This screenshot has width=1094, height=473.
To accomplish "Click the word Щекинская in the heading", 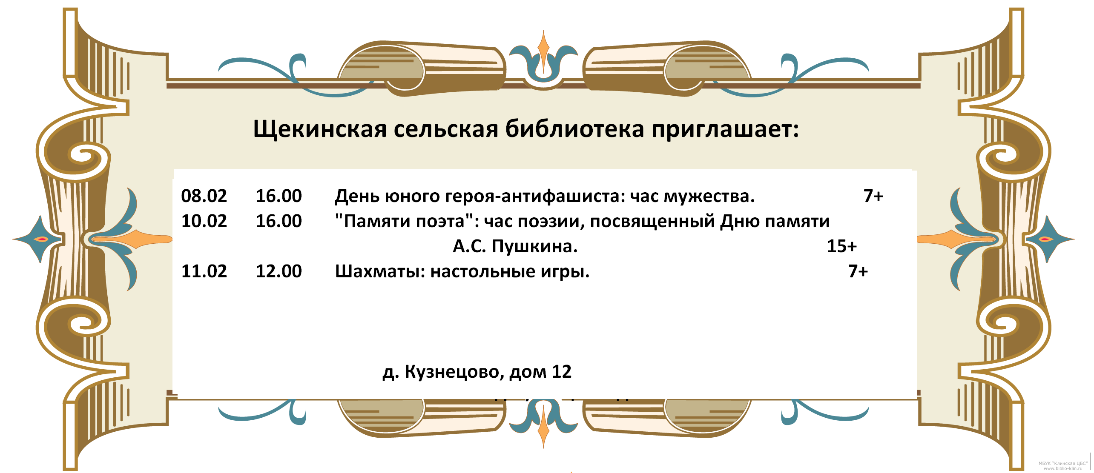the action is pyautogui.click(x=320, y=129).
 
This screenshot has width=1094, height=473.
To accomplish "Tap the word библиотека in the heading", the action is pyautogui.click(x=574, y=128).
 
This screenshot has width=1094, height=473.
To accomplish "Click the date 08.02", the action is pyautogui.click(x=204, y=196).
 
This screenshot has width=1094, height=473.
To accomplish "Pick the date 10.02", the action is pyautogui.click(x=204, y=221).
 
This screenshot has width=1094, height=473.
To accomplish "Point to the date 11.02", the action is pyautogui.click(x=204, y=271).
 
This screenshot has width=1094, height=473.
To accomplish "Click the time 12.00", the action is pyautogui.click(x=279, y=271).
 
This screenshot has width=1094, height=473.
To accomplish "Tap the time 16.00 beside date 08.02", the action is pyautogui.click(x=279, y=196).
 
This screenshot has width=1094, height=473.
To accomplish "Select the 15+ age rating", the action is pyautogui.click(x=841, y=246).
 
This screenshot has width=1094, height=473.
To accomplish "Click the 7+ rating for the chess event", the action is pyautogui.click(x=858, y=271).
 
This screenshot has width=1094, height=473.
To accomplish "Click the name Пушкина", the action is pyautogui.click(x=534, y=246).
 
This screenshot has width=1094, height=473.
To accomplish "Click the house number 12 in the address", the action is pyautogui.click(x=561, y=372).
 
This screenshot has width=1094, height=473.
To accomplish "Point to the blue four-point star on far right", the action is pyautogui.click(x=1049, y=239).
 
